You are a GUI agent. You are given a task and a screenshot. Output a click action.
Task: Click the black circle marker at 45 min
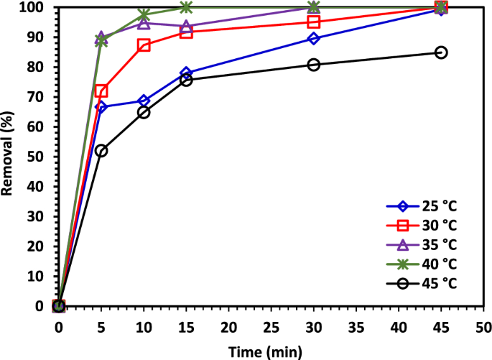coord(441,52)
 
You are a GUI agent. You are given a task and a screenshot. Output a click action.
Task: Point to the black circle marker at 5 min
coord(101,151)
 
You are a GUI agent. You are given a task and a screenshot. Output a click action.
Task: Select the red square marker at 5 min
coord(101,91)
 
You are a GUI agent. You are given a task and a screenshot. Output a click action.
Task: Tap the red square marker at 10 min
coord(144,45)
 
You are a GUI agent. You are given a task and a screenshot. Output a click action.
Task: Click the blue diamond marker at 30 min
coord(314,39)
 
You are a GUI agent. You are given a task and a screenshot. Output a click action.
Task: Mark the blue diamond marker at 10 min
coord(144,101)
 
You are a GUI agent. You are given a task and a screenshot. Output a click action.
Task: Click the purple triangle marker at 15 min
coord(186,27)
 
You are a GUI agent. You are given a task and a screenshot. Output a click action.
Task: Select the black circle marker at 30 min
coord(314,65)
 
